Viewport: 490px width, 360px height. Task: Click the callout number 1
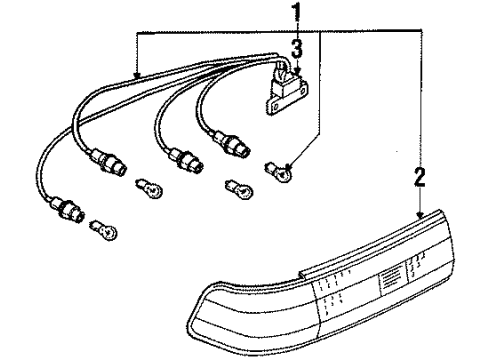(x=296, y=13)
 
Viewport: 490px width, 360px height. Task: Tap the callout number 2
(x=419, y=180)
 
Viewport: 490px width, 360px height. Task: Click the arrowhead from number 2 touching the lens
(x=419, y=213)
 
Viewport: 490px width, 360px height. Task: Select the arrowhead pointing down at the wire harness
(x=137, y=77)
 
